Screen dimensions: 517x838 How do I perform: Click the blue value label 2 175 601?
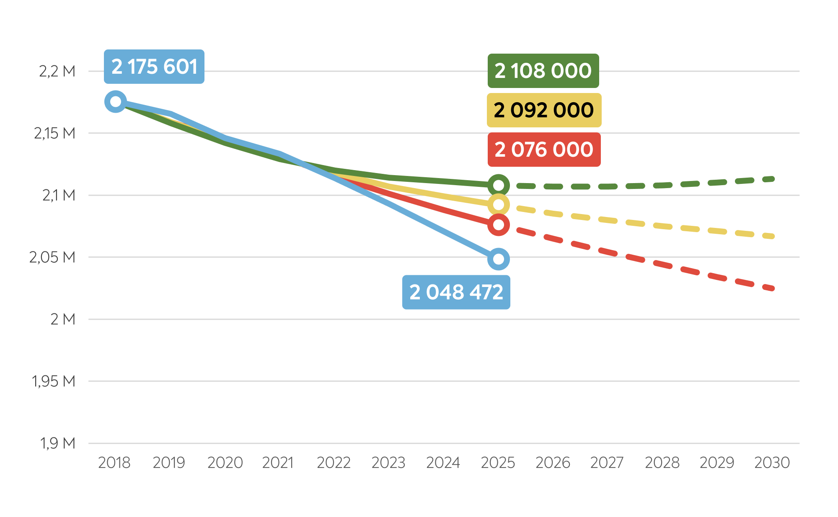point(154,67)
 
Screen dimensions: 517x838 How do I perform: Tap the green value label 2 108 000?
point(543,70)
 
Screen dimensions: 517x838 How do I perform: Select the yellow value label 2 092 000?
point(544,110)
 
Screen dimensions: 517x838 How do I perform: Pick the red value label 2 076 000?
point(544,150)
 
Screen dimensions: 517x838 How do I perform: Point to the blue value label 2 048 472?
point(456,292)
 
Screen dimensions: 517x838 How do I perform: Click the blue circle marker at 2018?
point(116,101)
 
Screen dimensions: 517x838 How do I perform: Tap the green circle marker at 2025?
point(498,185)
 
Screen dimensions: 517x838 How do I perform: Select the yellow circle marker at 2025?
point(498,205)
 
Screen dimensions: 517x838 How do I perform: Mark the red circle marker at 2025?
point(498,225)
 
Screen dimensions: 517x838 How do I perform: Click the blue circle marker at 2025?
point(498,259)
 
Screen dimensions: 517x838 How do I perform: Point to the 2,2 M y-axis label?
point(57,71)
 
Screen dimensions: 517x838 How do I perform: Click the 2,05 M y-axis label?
point(52,257)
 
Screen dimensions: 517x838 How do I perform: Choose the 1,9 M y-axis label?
point(57,443)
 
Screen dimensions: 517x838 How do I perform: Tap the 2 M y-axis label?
point(63,319)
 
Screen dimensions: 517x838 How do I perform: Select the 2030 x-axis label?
point(772,463)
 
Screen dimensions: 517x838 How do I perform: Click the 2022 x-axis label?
point(334,463)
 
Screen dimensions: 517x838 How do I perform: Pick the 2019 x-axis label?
point(169,463)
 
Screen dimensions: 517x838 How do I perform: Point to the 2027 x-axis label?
point(607,463)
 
